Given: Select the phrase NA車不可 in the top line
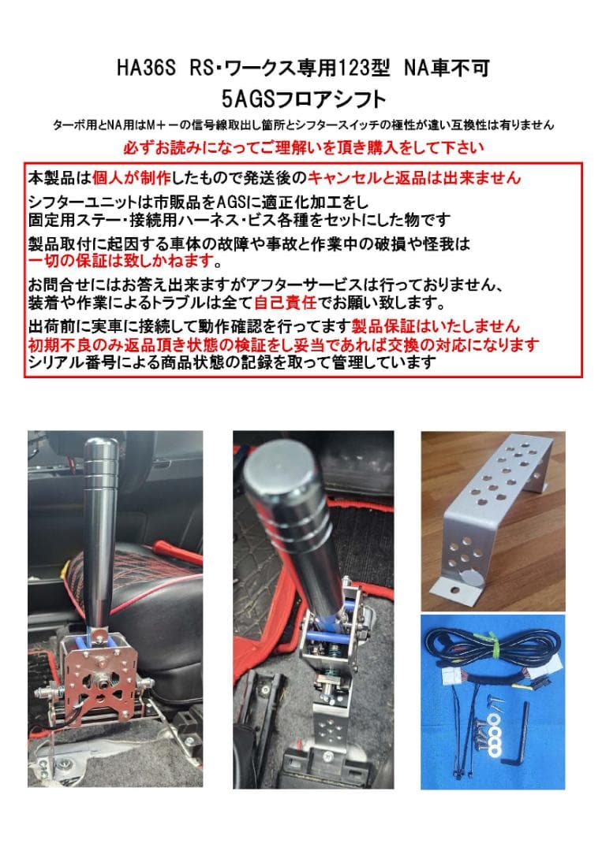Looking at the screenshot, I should [x=447, y=69].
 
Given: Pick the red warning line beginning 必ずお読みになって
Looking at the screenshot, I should [x=304, y=147].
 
